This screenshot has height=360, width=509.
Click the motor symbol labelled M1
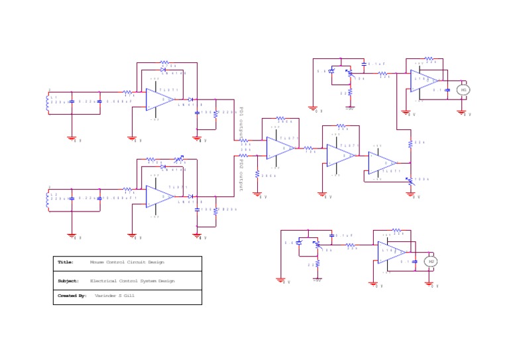pyautogui.click(x=463, y=90)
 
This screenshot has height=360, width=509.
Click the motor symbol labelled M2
pyautogui.click(x=431, y=262)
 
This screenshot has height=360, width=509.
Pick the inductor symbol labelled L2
pyautogui.click(x=48, y=199)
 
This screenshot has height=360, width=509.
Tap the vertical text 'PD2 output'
pyautogui.click(x=241, y=174)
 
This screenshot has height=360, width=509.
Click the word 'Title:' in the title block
pyautogui.click(x=65, y=263)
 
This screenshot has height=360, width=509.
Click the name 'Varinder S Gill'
pyautogui.click(x=115, y=296)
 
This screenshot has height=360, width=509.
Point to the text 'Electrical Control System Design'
pyautogui.click(x=133, y=281)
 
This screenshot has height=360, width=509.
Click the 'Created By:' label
pyautogui.click(x=72, y=296)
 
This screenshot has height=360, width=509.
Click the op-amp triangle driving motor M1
pyautogui.click(x=424, y=81)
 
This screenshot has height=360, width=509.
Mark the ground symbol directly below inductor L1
pyautogui.click(x=72, y=138)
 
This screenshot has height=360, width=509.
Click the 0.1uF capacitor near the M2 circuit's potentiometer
pyautogui.click(x=332, y=235)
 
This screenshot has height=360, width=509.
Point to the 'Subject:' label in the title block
pyautogui.click(x=68, y=281)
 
